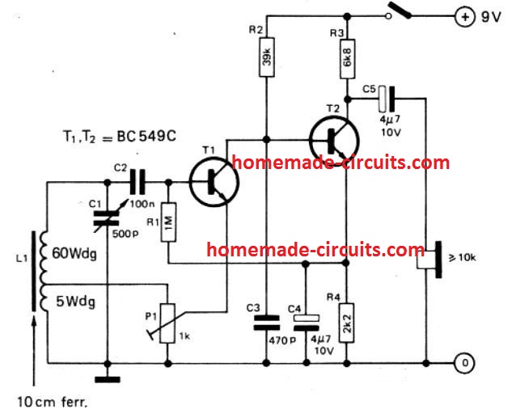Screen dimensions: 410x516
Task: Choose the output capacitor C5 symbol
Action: pyautogui.click(x=388, y=99)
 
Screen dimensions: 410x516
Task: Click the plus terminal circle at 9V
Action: pyautogui.click(x=466, y=15)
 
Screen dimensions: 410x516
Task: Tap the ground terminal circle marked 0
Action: pyautogui.click(x=466, y=361)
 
